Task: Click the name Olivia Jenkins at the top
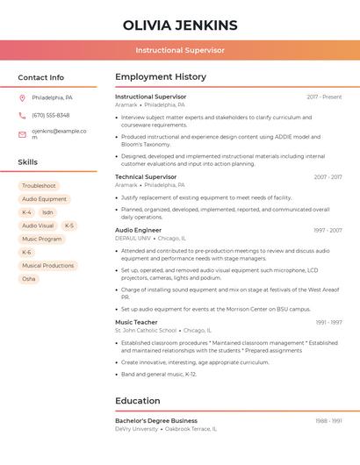[180, 25]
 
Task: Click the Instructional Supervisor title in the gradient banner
[180, 51]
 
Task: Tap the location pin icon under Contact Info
[22, 97]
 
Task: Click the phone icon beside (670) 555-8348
[22, 115]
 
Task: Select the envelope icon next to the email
[22, 134]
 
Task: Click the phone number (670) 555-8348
[50, 115]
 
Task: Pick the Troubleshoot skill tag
[39, 186]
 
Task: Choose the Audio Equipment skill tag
[44, 199]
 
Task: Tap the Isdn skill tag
[47, 212]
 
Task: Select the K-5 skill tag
[69, 225]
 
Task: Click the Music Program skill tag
[42, 239]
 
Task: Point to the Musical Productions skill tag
[47, 266]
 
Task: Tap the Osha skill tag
[29, 279]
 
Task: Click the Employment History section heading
[161, 77]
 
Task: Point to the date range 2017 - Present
[324, 97]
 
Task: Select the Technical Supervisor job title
[146, 177]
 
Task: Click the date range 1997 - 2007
[327, 231]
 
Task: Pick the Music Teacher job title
[136, 322]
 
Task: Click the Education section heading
[138, 401]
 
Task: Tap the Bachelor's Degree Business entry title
[156, 421]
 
